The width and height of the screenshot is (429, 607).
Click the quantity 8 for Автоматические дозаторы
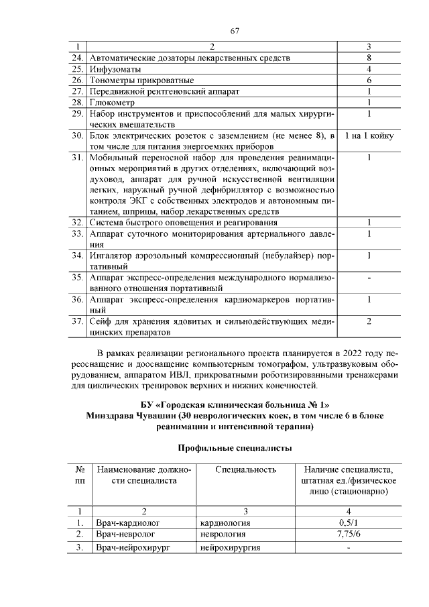[x=369, y=58]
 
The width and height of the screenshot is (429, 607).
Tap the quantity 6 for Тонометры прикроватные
[x=369, y=80]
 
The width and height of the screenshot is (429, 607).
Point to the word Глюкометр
[x=112, y=102]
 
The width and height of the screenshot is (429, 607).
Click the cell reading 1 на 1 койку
[x=369, y=136]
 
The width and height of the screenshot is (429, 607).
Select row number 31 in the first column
[x=78, y=158]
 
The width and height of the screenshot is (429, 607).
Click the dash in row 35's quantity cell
[x=369, y=277]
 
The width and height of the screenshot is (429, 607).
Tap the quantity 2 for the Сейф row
[x=369, y=321]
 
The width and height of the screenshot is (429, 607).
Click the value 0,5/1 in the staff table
[x=349, y=523]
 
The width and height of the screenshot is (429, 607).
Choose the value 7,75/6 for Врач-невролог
[x=349, y=535]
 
